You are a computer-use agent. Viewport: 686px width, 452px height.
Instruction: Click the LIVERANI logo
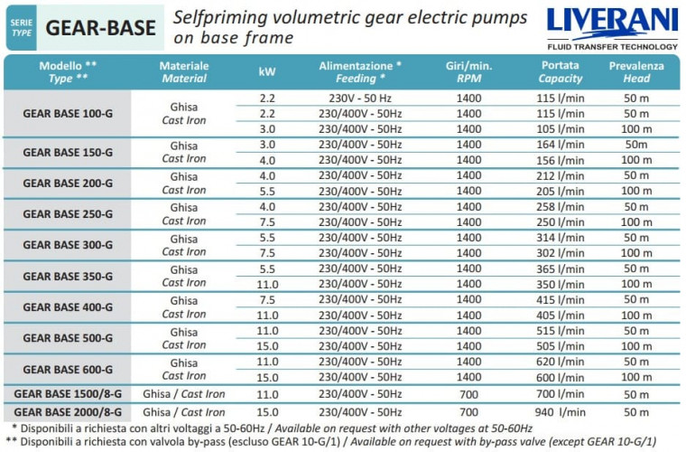[x=611, y=22]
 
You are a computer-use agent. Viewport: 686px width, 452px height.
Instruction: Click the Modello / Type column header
[x=68, y=72]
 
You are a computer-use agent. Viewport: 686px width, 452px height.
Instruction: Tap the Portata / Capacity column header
[x=561, y=72]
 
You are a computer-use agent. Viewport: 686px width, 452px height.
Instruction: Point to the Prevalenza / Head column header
[x=635, y=72]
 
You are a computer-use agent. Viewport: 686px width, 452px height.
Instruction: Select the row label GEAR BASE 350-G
[x=68, y=276]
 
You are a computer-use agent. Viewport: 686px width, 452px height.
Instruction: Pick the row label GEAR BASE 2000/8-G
[x=68, y=410]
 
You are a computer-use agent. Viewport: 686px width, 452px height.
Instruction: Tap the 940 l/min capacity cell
[x=561, y=410]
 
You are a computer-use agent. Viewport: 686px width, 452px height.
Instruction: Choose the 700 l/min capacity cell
[x=561, y=394]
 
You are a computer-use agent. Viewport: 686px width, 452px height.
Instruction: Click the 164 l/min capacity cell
[x=561, y=145]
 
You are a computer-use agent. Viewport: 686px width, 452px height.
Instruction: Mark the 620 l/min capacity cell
[x=561, y=362]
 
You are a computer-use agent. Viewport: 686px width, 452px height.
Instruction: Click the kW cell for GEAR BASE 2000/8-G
[x=267, y=410]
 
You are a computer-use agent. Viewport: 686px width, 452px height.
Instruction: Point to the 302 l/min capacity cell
[x=561, y=253]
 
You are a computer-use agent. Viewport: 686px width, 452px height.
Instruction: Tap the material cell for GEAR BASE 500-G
[x=184, y=338]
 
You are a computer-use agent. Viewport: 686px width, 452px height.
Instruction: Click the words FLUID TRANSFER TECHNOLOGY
[x=611, y=46]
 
